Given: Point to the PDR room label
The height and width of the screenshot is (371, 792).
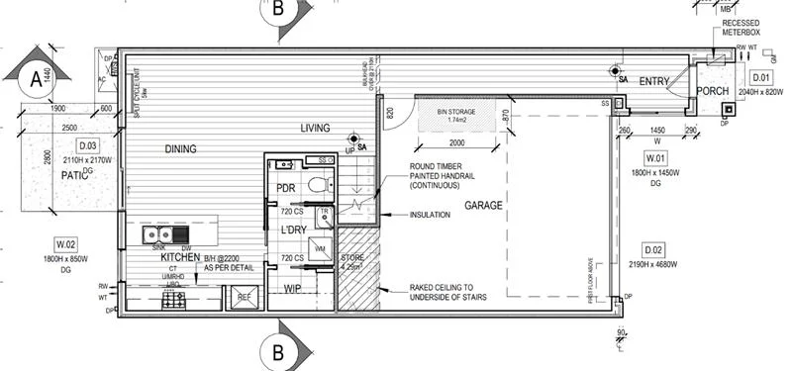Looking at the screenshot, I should pyautogui.click(x=287, y=188).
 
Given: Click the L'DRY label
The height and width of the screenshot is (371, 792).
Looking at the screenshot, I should pyautogui.click(x=291, y=230).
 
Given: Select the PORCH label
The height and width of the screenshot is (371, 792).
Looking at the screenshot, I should pyautogui.click(x=712, y=91).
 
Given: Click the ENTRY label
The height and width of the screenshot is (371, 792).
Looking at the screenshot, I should pyautogui.click(x=655, y=81).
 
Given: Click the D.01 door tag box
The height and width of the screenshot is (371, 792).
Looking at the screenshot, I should pyautogui.click(x=760, y=76).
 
